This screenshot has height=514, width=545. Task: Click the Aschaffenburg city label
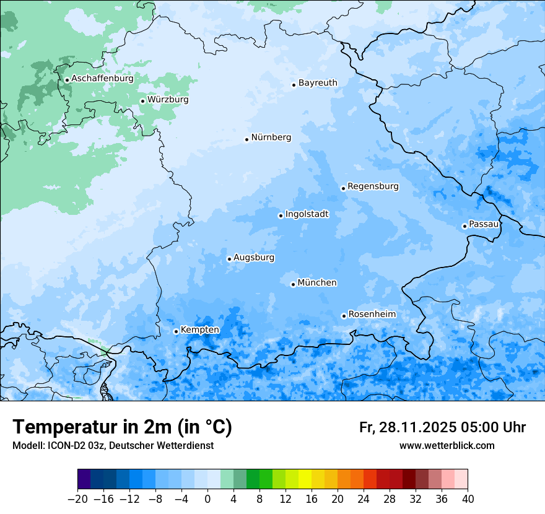click(x=102, y=79)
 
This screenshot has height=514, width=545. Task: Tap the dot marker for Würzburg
click(x=142, y=101)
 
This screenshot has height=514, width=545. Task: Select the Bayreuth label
click(x=318, y=83)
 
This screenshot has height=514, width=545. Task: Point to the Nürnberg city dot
click(x=246, y=139)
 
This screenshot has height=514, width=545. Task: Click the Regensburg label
click(x=373, y=186)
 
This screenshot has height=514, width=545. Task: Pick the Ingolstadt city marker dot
click(x=281, y=216)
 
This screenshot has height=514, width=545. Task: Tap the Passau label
click(x=483, y=224)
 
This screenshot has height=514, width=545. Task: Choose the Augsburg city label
click(x=254, y=258)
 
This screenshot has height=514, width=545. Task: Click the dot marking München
click(x=293, y=285)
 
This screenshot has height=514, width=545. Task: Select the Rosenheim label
click(x=372, y=315)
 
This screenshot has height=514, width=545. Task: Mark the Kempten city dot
click(x=176, y=331)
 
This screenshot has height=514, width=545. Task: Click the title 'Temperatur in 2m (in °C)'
click(x=122, y=427)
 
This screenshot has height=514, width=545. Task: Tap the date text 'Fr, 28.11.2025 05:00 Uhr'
click(x=442, y=427)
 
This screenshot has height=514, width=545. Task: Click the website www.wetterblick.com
click(x=447, y=446)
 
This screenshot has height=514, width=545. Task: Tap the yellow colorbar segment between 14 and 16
click(x=305, y=479)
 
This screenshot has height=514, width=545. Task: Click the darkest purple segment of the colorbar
click(x=84, y=479)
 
